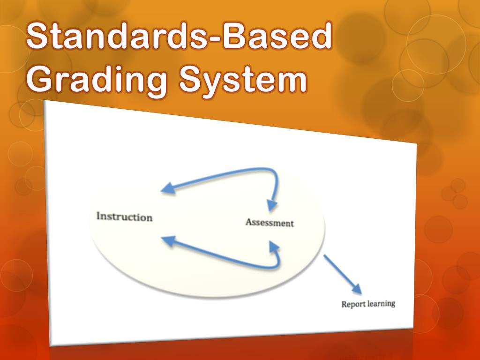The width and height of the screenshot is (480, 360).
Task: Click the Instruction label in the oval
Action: (124, 217)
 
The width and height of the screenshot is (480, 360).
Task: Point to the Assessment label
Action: (270, 223)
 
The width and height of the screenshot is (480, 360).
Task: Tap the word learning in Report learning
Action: (380, 304)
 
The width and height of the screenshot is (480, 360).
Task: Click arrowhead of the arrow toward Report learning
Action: (357, 289)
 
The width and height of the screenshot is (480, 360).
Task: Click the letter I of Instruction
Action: (98, 216)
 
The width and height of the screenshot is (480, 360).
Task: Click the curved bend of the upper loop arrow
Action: (275, 176)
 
